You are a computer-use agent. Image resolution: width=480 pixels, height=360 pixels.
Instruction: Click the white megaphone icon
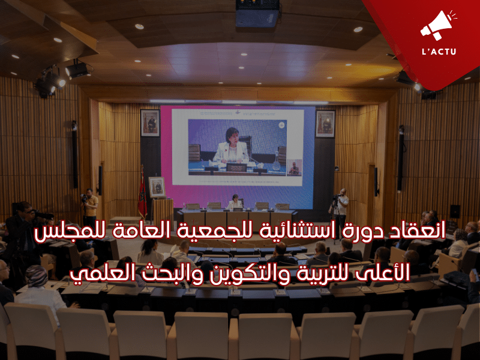tap(438, 25)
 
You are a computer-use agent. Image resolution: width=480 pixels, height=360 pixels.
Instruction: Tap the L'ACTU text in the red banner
tap(439, 51)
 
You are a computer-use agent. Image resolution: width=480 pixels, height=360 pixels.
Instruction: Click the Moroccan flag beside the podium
tap(142, 193)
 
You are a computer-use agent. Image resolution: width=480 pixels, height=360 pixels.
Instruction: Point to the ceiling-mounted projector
tap(257, 13)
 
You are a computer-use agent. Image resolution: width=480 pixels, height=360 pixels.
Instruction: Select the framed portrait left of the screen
tap(150, 123)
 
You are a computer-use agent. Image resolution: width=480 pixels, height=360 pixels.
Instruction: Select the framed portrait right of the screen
tap(325, 124)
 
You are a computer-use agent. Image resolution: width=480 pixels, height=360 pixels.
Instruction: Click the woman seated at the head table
tap(235, 202)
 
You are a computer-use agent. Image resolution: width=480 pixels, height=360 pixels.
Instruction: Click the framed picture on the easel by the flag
tap(157, 187)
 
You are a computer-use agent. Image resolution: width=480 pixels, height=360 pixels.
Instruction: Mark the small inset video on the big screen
tap(294, 168)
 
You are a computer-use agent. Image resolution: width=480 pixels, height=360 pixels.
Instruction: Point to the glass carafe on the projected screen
tap(277, 161)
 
